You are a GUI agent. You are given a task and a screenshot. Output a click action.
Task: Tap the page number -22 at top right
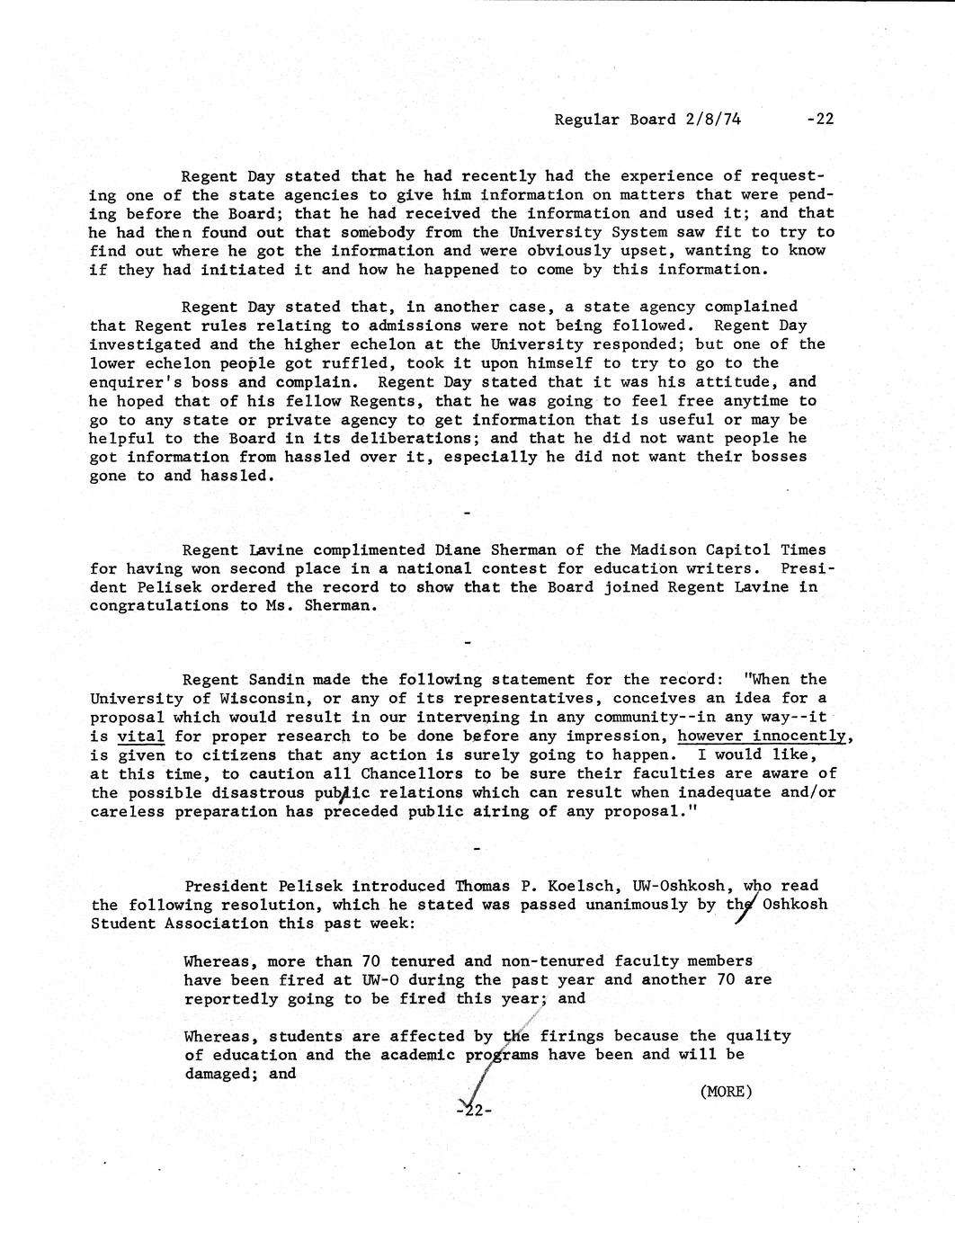[821, 120]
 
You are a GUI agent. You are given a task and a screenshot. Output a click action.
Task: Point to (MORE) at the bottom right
[725, 1092]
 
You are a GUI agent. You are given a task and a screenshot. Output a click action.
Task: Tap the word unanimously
[637, 905]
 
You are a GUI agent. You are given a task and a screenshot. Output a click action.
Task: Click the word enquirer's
[135, 382]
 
